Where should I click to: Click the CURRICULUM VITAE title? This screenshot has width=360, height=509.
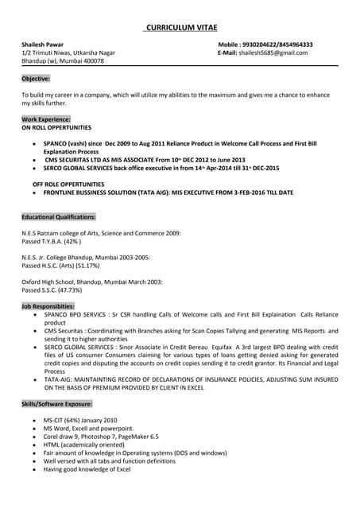(180, 29)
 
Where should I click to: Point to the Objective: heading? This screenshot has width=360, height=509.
(36, 79)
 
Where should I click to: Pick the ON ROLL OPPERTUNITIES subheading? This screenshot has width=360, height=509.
(56, 127)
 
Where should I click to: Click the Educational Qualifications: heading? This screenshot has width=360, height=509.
(59, 216)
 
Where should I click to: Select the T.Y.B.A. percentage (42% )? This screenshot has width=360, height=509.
(70, 241)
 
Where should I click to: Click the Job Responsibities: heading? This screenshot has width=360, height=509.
(48, 306)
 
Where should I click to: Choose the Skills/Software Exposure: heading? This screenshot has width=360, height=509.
(56, 404)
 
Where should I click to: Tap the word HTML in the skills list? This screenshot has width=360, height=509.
(52, 445)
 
